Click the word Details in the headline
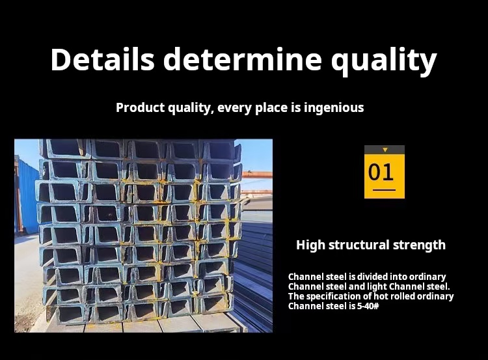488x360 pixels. [102, 59]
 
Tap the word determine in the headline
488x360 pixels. [243, 59]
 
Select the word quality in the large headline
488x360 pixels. [384, 61]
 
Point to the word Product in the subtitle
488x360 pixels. [141, 107]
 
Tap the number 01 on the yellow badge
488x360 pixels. [381, 172]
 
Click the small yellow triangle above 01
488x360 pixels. [385, 150]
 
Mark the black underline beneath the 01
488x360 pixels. [384, 189]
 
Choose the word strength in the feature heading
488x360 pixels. [419, 245]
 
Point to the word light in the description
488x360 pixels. [377, 287]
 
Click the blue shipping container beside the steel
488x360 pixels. [27, 196]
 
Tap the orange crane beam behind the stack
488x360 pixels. [257, 174]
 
